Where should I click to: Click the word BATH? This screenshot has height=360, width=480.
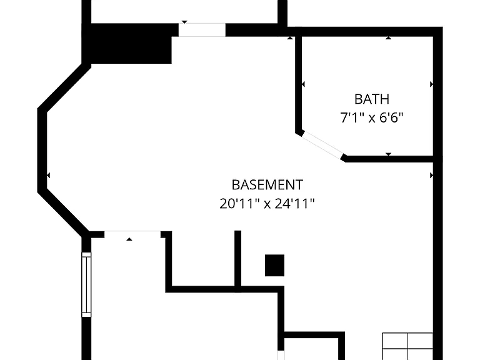[x=372, y=99]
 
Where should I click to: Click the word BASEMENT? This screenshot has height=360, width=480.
[x=267, y=185]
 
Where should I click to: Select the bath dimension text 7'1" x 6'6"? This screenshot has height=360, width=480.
[x=372, y=117]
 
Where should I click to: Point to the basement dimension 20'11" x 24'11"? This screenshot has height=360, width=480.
[x=267, y=203]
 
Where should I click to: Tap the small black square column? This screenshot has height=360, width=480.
[x=274, y=265]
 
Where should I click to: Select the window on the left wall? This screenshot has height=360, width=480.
[x=86, y=285]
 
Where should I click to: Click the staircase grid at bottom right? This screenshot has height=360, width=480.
[x=407, y=346]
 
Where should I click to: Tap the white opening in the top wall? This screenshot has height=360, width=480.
[x=202, y=30]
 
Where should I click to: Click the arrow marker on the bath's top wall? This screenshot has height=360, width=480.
[x=388, y=38]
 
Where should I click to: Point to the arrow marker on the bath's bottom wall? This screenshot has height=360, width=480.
[x=388, y=154]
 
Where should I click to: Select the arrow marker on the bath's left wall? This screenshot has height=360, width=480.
[x=303, y=84]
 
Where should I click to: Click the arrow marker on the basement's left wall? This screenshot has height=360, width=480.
[x=48, y=176]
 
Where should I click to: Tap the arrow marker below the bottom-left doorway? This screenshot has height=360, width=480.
[x=129, y=239]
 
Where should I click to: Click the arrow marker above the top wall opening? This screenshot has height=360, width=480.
[x=184, y=22]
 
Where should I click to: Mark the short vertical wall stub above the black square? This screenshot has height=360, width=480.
[x=238, y=259]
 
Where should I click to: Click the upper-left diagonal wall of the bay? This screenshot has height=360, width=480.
[x=64, y=87]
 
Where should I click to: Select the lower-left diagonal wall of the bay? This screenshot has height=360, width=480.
[x=63, y=211]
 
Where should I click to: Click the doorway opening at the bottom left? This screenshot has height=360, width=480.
[x=132, y=234]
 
